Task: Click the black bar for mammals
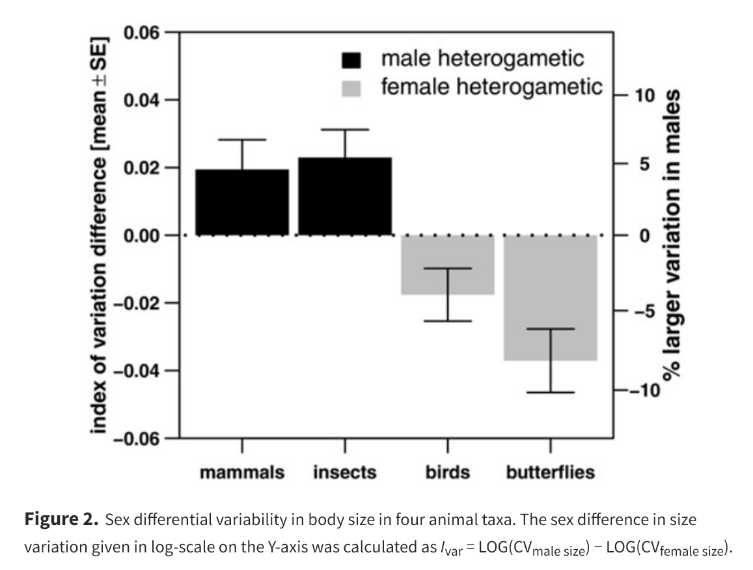pyautogui.click(x=241, y=202)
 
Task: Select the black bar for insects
pyautogui.click(x=345, y=196)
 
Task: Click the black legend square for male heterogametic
pyautogui.click(x=351, y=60)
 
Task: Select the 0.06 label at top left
pyautogui.click(x=143, y=33)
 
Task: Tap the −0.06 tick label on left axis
pyautogui.click(x=137, y=439)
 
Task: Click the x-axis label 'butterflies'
pyautogui.click(x=551, y=472)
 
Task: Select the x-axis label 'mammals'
pyautogui.click(x=241, y=472)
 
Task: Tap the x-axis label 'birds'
pyautogui.click(x=448, y=472)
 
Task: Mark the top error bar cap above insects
pyautogui.click(x=345, y=130)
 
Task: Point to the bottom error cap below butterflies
pyautogui.click(x=551, y=392)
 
